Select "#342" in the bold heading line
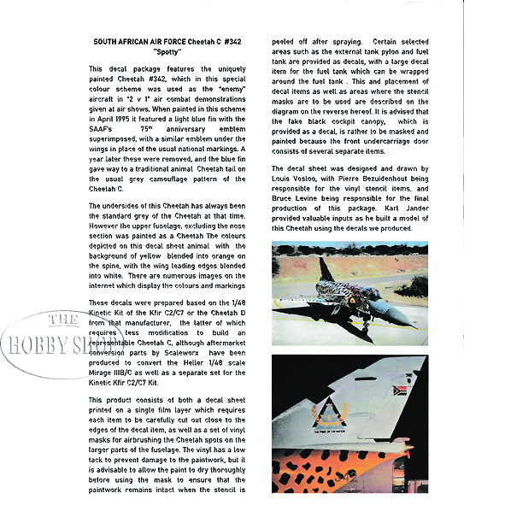226,41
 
